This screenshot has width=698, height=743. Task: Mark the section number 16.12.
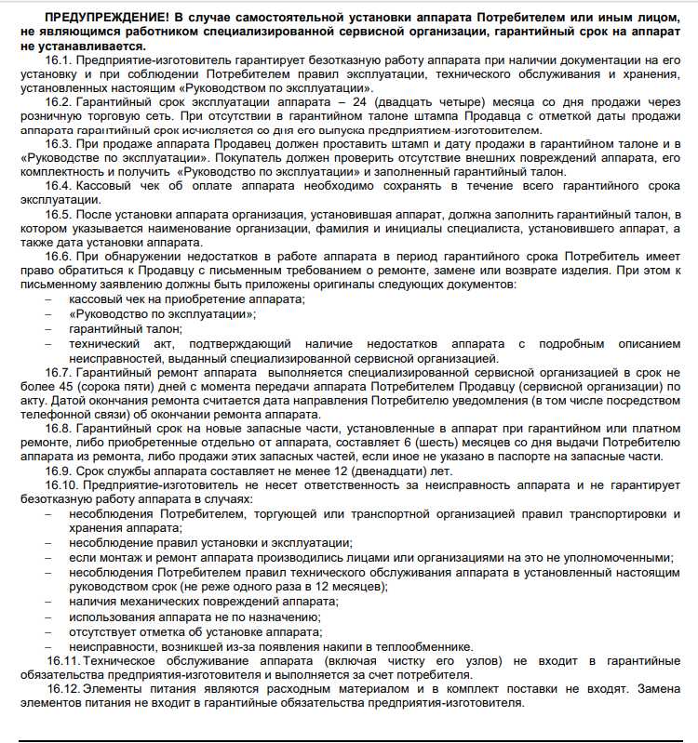click(x=63, y=689)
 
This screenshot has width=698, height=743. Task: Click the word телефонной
click(x=54, y=415)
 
